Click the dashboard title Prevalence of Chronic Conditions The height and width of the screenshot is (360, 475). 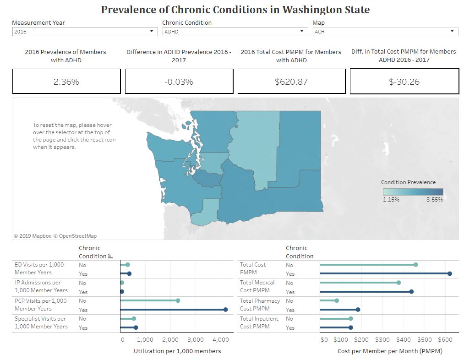235,10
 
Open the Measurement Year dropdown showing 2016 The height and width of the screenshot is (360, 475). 85,32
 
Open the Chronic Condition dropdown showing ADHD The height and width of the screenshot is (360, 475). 235,32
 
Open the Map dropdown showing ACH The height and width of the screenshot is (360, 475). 385,32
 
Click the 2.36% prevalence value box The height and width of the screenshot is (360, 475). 66,82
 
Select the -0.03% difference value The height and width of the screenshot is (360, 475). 179,82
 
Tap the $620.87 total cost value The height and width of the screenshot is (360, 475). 291,82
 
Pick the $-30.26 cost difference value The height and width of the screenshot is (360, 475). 404,82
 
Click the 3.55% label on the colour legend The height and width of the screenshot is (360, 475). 434,200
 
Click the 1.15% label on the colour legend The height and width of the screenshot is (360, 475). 391,200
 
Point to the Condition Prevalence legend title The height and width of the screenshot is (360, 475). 408,182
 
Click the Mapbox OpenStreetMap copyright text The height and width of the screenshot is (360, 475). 55,236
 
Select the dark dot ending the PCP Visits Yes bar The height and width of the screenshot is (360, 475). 225,310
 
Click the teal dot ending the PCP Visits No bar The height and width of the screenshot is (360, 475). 178,301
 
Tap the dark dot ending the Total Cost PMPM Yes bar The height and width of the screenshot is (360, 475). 449,273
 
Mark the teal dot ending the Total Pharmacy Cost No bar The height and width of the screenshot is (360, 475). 337,301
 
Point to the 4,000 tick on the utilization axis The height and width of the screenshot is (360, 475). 221,340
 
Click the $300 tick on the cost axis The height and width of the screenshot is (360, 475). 382,340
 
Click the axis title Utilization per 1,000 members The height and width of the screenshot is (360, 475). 177,351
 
